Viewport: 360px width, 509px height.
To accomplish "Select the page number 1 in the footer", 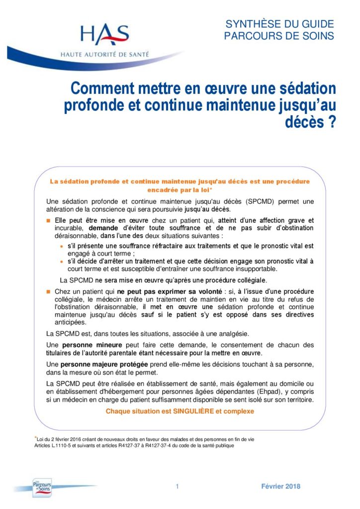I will tap(177, 487).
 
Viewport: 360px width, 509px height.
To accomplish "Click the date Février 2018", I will tap(280, 487).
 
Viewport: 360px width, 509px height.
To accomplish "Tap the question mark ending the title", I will tap(330, 122).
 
